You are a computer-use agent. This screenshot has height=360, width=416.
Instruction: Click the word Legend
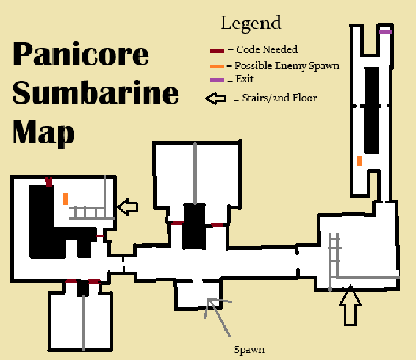(251, 24)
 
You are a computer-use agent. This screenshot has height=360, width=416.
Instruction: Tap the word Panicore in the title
(80, 54)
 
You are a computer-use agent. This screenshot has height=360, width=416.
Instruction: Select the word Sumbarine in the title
(95, 93)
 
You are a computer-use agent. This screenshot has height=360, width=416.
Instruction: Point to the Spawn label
(249, 350)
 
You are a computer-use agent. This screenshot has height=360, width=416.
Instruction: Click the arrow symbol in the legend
(216, 98)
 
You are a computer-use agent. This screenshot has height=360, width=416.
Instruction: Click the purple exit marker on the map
(385, 31)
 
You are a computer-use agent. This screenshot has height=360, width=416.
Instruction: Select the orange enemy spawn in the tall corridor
(360, 160)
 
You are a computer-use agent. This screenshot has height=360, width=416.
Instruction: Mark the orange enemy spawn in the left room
(65, 199)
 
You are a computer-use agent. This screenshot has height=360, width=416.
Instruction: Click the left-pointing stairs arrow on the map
(127, 207)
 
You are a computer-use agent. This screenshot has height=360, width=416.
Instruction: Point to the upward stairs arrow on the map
(350, 307)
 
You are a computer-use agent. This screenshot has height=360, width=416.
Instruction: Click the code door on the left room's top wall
(48, 181)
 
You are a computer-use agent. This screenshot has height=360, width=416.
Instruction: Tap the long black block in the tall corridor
(370, 110)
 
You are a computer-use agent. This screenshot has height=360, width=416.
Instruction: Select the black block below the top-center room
(195, 226)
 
